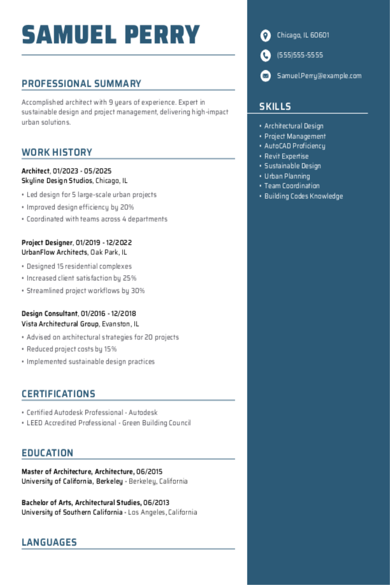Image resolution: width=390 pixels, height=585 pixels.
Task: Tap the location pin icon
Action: (x=265, y=36)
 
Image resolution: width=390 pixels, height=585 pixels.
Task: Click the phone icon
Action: (x=265, y=55)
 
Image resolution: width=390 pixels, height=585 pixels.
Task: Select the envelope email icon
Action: (x=265, y=76)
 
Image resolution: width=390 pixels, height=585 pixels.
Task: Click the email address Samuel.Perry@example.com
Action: (x=319, y=76)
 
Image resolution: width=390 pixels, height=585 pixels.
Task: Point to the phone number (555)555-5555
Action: (x=300, y=55)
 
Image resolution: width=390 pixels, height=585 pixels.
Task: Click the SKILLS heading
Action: (x=275, y=107)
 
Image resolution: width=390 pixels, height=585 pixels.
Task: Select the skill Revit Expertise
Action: (x=286, y=156)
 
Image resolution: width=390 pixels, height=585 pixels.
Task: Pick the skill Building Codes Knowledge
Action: (x=303, y=196)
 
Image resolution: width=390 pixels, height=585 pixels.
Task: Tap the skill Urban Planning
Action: (x=287, y=176)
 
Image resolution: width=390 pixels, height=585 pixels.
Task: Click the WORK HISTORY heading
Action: (x=57, y=153)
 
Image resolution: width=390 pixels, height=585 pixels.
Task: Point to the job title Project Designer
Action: (x=47, y=243)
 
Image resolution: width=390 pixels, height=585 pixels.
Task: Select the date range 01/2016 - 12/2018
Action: (x=108, y=314)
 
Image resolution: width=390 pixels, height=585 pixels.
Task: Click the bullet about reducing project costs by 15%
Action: (x=71, y=349)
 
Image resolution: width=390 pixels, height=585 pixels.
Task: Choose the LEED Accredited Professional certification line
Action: (x=108, y=423)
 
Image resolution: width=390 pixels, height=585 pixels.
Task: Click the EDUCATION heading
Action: (x=47, y=453)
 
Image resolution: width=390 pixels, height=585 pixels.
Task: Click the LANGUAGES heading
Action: (x=49, y=543)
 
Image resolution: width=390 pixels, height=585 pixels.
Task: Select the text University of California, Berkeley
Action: (x=72, y=481)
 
